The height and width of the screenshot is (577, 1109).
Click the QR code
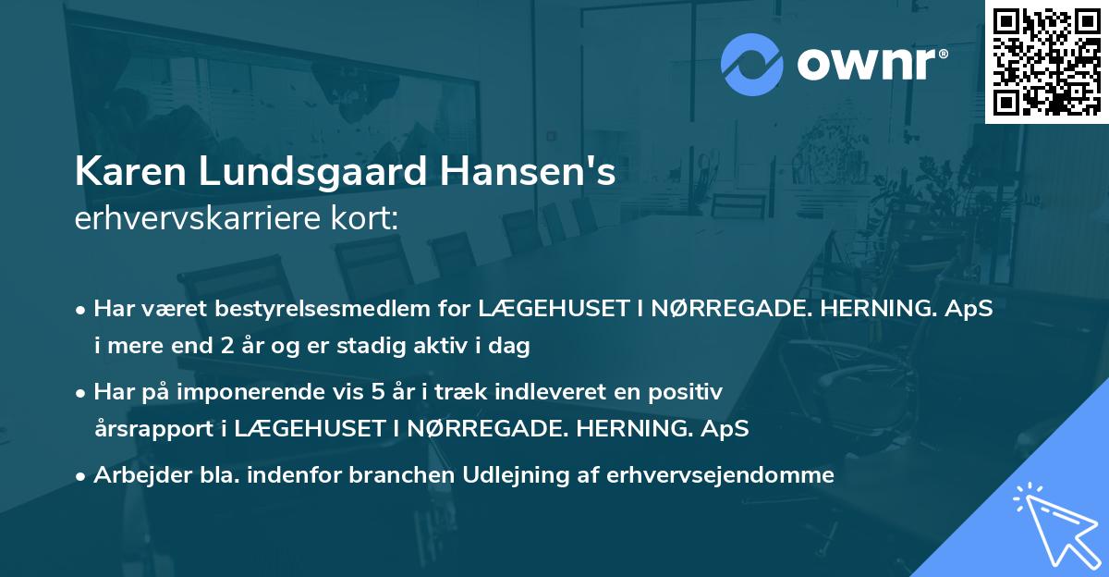1046,61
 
